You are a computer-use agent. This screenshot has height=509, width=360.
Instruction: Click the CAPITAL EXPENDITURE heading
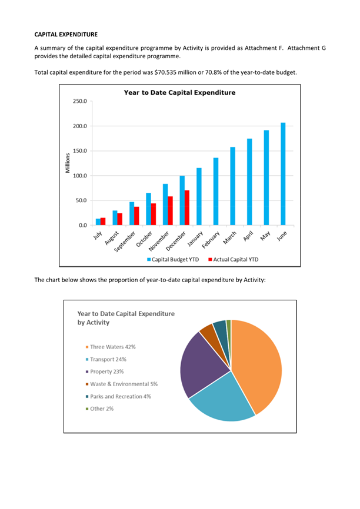pos(66,35)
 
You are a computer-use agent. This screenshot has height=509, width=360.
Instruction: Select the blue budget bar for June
pos(283,174)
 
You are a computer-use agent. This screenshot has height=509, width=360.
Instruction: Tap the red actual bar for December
pos(187,207)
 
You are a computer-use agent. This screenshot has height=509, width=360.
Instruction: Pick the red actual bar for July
pos(103,222)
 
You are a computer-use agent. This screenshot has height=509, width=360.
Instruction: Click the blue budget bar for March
pos(232,186)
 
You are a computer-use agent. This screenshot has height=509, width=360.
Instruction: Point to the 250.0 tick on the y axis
pos(80,101)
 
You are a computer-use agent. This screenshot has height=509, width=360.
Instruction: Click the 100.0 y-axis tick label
pos(80,176)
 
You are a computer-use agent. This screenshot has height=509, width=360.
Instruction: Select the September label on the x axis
pos(125,242)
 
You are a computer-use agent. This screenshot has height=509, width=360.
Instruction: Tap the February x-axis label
pos(211,240)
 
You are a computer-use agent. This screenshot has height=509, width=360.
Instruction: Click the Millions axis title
pos(68,163)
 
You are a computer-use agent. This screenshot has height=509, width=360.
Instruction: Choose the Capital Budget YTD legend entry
pos(173,259)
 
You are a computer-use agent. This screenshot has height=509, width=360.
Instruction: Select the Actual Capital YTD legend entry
pos(234,259)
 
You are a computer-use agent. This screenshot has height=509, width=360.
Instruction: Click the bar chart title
pos(179,92)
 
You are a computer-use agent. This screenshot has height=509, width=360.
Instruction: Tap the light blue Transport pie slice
pos(222,399)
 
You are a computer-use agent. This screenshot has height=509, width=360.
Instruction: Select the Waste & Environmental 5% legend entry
pos(122,384)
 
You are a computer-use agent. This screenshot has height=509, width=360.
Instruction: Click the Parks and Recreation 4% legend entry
pos(118,396)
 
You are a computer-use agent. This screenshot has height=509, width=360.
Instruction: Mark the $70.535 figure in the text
pos(165,72)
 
